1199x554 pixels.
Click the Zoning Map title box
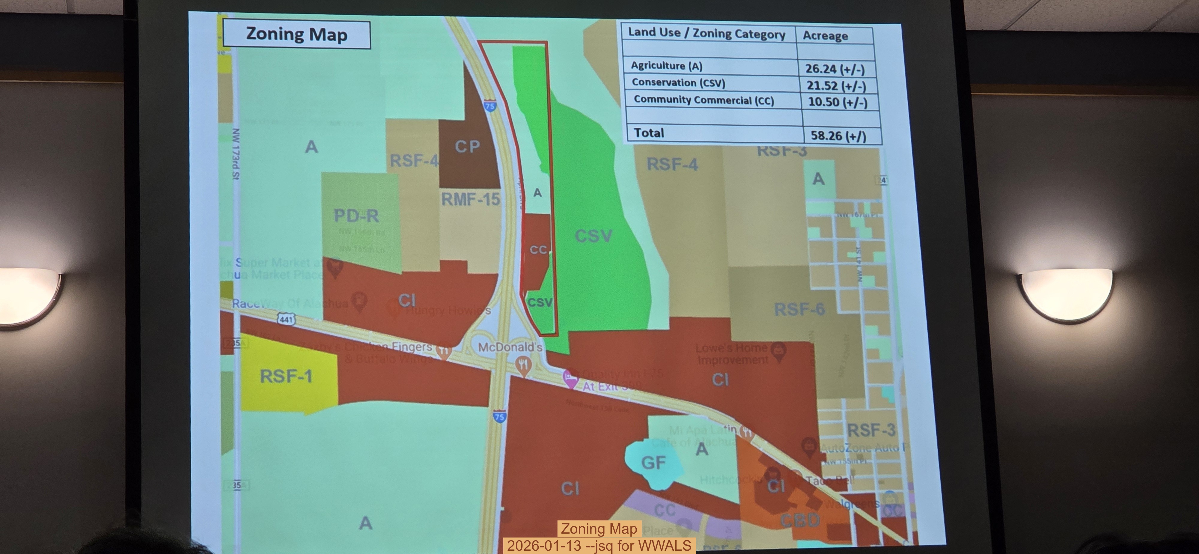(x=296, y=34)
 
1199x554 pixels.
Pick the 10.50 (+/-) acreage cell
(x=837, y=102)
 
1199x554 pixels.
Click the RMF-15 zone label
(x=470, y=200)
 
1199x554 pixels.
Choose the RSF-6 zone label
(x=799, y=309)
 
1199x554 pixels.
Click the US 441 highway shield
(x=286, y=319)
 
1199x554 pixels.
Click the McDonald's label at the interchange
(x=510, y=347)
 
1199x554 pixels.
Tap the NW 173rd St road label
(x=236, y=153)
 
